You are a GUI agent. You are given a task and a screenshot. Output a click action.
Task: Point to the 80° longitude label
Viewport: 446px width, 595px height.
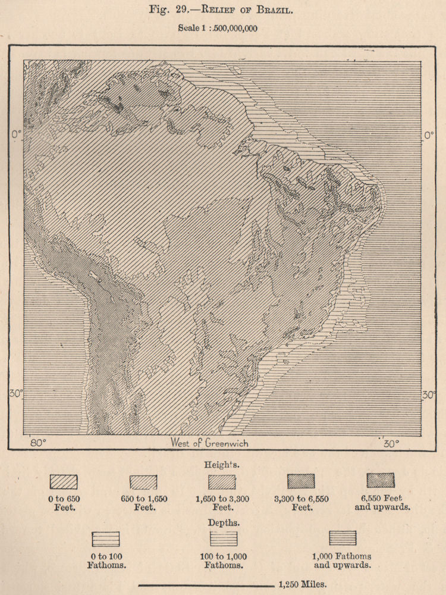coord(39,443)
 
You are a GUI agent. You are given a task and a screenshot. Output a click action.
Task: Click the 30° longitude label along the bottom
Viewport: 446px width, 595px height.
coord(391,443)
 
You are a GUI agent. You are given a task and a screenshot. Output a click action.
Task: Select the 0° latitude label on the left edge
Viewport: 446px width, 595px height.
coord(15,134)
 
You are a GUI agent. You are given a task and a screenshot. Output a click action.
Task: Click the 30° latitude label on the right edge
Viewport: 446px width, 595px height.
coord(429,394)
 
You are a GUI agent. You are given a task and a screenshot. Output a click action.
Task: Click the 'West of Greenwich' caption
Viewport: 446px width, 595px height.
coord(209,443)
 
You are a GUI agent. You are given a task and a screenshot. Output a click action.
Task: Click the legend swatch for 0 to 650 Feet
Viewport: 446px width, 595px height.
coord(64,481)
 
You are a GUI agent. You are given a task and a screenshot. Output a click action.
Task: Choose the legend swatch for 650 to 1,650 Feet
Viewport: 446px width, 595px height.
coord(143,481)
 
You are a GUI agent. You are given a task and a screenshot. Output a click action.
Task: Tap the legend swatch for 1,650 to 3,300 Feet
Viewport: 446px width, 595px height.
coord(222,481)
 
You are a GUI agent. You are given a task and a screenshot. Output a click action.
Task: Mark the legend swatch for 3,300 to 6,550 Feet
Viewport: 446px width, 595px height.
coord(301,481)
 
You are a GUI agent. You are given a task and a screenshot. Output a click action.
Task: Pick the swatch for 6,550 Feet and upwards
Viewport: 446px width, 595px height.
coord(381,481)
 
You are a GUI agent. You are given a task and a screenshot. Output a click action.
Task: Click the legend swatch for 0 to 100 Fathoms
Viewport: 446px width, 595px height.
coord(106,539)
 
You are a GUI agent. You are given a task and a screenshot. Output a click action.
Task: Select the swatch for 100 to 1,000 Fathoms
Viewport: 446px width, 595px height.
coord(225,539)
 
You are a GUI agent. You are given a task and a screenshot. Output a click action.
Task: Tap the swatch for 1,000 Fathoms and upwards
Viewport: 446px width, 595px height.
coord(343,538)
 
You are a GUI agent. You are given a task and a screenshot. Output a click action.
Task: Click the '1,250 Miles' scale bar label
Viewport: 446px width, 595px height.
coord(310,584)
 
